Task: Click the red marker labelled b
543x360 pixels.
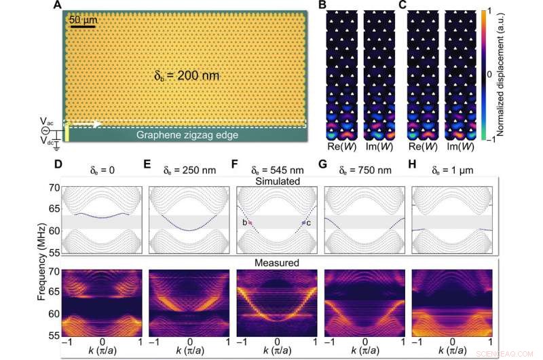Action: coord(250,223)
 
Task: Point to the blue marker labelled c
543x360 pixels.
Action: coord(303,223)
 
